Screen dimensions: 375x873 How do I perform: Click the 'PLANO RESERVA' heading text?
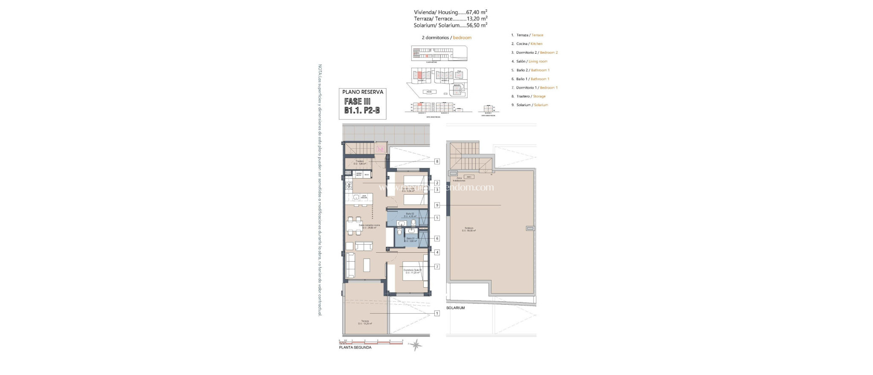click(363, 92)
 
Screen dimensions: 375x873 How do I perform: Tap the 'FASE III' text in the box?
click(357, 102)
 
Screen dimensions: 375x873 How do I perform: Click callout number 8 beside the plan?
click(437, 162)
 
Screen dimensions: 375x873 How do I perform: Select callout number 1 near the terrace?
click(437, 313)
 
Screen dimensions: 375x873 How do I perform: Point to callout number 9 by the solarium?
click(437, 205)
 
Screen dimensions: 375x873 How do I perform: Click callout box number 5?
click(437, 218)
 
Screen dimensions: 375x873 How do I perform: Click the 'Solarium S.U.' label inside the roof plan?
click(470, 229)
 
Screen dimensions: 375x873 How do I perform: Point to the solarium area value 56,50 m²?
click(477, 25)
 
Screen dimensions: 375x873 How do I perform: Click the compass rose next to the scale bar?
click(415, 344)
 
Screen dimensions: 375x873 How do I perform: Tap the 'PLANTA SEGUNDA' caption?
click(355, 348)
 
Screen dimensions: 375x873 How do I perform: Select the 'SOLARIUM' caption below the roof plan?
click(455, 308)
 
